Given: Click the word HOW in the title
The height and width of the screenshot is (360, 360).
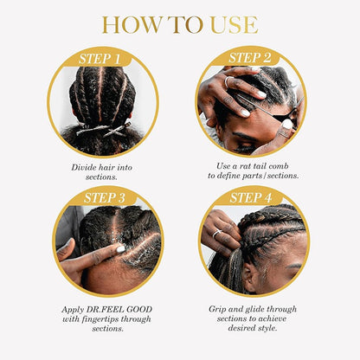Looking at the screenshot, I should (126, 23).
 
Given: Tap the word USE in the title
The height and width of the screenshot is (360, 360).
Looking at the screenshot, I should (233, 23).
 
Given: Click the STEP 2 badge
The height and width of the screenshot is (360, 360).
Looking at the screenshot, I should (251, 59).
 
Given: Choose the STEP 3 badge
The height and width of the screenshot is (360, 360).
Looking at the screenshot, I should (103, 198).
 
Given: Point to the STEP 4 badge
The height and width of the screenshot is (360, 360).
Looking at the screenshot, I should (251, 198).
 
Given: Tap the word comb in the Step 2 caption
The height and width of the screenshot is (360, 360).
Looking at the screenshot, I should (279, 164).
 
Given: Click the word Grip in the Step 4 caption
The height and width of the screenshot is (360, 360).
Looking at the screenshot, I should (218, 308).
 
